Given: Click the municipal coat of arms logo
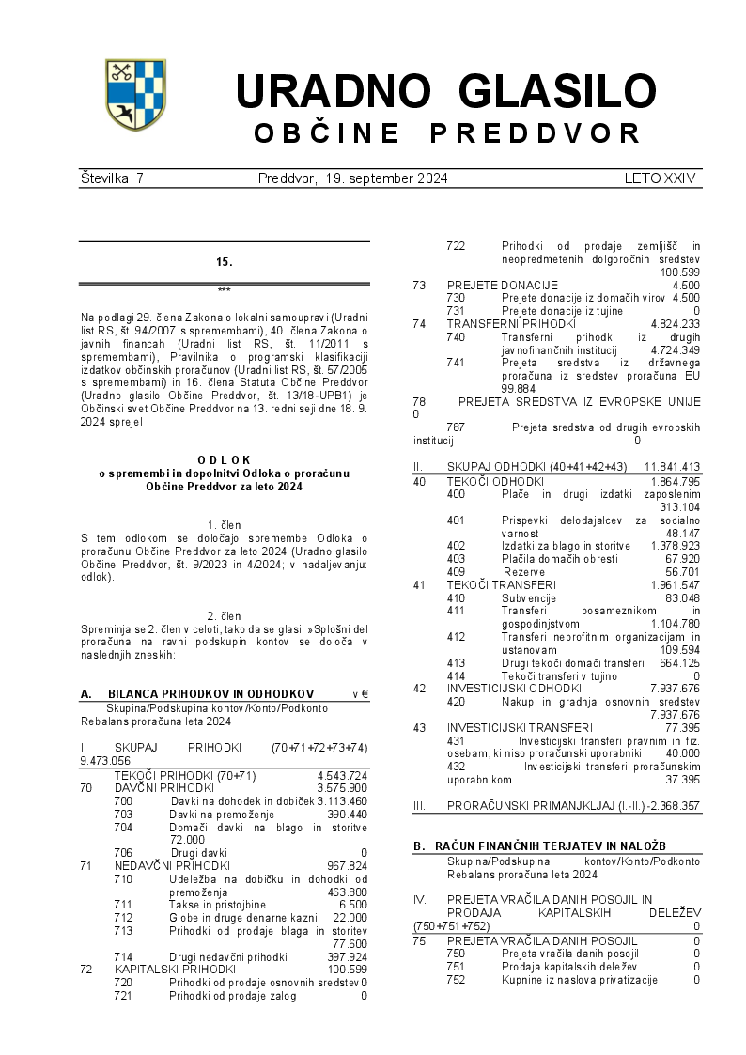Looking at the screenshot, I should pyautogui.click(x=134, y=94).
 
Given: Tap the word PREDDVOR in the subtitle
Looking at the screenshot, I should pyautogui.click(x=536, y=133).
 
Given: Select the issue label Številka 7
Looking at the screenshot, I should pyautogui.click(x=112, y=178).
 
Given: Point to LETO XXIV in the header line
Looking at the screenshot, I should pyautogui.click(x=660, y=178).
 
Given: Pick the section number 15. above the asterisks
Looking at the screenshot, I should pyautogui.click(x=224, y=262).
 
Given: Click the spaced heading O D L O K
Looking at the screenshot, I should pyautogui.click(x=224, y=459).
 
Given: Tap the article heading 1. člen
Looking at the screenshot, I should pyautogui.click(x=224, y=524).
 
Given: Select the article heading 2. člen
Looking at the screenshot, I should pyautogui.click(x=224, y=616).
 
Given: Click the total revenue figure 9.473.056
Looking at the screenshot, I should pyautogui.click(x=105, y=761).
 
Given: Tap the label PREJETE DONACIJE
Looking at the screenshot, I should pyautogui.click(x=502, y=285).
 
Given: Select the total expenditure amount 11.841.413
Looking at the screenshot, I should pyautogui.click(x=672, y=467).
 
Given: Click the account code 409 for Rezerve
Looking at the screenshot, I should pyautogui.click(x=457, y=571).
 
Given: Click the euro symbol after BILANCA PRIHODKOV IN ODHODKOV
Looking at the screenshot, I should pyautogui.click(x=364, y=695).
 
